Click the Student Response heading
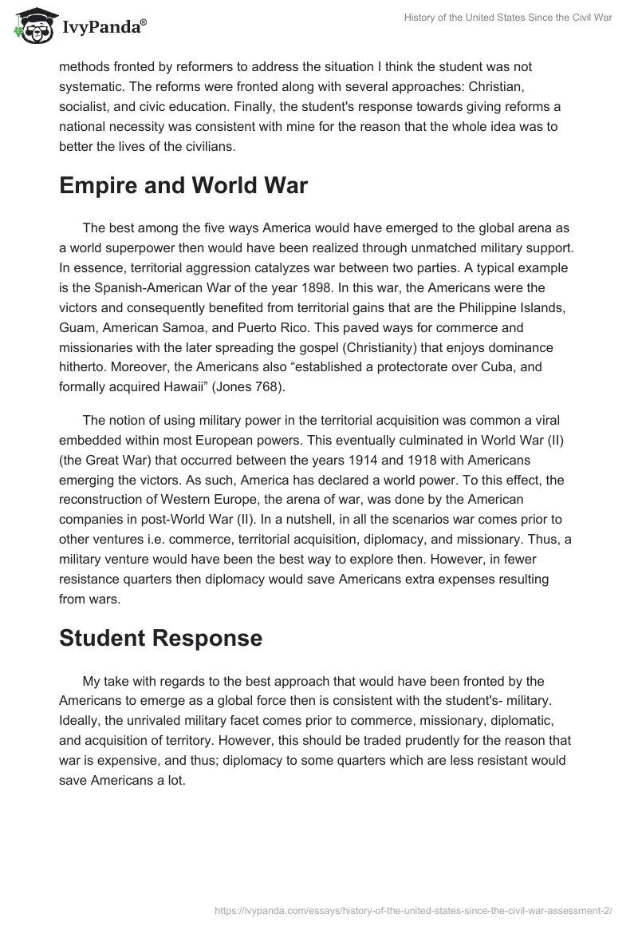(160, 638)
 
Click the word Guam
(77, 327)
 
